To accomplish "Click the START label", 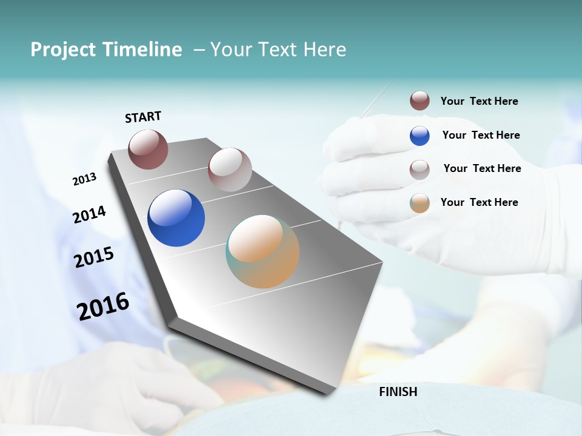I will [x=143, y=117].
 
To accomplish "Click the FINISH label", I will [x=398, y=392].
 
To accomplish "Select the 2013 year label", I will [x=84, y=179].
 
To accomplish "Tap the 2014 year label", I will [x=89, y=214].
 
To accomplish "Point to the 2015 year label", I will [x=94, y=257].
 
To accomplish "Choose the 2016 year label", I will [x=103, y=306].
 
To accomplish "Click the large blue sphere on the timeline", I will [x=176, y=218].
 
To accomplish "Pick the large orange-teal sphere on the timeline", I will [x=263, y=251].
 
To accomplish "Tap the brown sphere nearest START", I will [x=148, y=149].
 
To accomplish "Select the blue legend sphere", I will [x=420, y=136].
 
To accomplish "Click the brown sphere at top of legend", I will [x=420, y=101].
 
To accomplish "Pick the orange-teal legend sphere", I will [x=420, y=203].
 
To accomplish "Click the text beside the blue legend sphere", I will [x=481, y=135].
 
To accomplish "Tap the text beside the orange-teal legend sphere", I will [x=479, y=202].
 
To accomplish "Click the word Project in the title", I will [x=63, y=50].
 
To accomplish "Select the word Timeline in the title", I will [x=142, y=50].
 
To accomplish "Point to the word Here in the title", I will [x=324, y=50].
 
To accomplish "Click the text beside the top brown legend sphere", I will [x=479, y=101].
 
